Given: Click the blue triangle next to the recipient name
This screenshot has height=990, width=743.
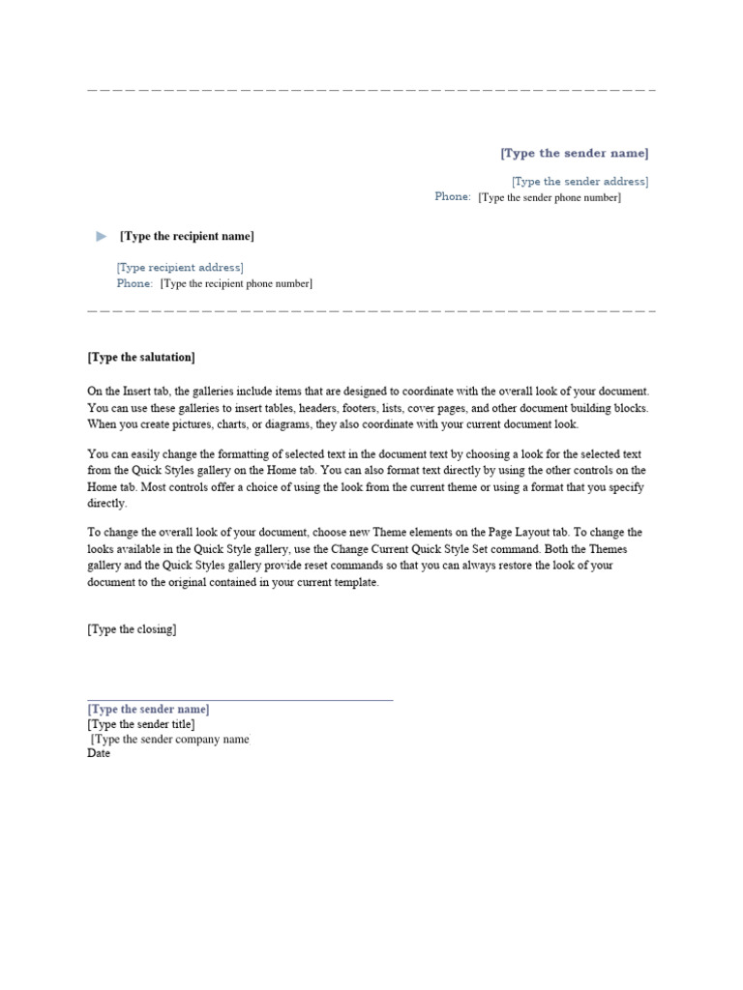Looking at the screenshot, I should click(103, 237).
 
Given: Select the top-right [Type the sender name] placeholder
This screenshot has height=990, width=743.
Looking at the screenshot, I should click(574, 154).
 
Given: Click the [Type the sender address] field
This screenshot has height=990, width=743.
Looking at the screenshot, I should click(580, 182).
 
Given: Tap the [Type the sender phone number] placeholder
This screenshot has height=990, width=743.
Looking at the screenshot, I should click(550, 198).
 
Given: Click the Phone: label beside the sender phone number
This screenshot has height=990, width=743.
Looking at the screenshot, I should click(453, 197).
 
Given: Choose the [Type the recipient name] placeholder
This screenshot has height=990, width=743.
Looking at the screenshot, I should click(187, 237).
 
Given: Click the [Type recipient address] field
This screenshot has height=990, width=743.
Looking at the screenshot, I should click(180, 268).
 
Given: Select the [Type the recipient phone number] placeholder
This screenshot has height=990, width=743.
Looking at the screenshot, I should click(236, 284).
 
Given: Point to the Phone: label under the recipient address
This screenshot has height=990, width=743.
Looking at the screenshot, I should click(134, 284).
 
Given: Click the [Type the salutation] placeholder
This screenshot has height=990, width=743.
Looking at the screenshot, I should click(141, 358).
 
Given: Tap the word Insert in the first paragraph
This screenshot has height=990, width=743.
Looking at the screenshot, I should click(135, 392).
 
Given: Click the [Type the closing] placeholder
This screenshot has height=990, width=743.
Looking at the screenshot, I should click(132, 629).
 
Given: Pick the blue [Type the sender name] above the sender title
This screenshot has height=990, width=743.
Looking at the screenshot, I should click(148, 710).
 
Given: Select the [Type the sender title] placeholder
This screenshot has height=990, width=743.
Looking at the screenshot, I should click(140, 724).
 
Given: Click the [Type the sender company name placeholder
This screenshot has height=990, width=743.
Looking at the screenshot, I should click(170, 740).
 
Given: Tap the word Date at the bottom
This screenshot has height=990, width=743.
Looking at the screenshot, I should click(99, 754).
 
